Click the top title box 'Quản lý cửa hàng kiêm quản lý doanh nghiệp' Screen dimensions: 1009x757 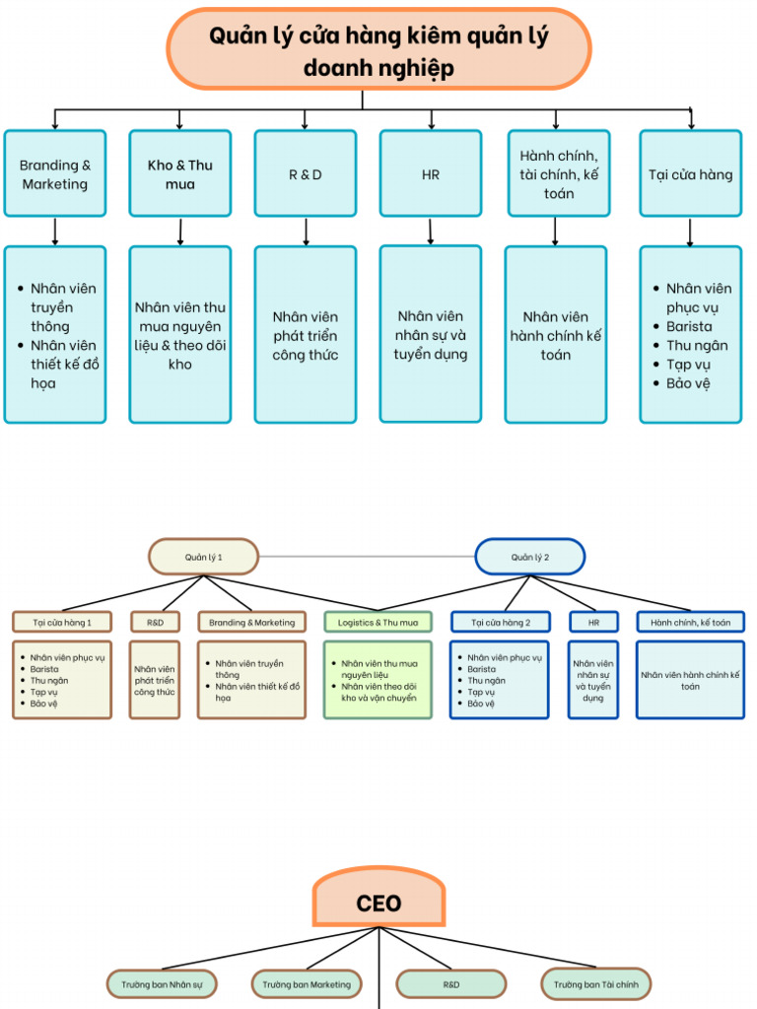point(378,50)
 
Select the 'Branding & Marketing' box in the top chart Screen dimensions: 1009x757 point(55,173)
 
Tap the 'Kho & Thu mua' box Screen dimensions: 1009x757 point(179,173)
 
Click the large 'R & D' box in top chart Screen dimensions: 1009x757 point(305,173)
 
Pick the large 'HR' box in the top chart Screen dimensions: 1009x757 point(430,173)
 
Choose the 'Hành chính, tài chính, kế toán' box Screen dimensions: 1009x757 point(558,173)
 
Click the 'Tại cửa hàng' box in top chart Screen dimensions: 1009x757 point(690,173)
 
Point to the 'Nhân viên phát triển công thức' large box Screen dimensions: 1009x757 point(305,335)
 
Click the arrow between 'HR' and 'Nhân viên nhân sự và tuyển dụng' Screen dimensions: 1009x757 point(430,231)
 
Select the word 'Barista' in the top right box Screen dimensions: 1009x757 point(689,326)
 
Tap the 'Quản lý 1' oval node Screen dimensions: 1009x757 point(203,557)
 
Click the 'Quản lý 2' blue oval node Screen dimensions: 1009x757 point(529,557)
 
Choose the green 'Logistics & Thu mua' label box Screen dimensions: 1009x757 point(378,622)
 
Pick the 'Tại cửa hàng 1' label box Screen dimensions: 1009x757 point(62,622)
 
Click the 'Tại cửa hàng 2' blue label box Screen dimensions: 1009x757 point(500,622)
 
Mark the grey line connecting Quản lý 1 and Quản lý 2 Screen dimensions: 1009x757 point(367,557)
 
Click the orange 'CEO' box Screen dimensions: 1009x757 point(378,902)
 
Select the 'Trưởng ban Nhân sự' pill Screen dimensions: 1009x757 point(162,983)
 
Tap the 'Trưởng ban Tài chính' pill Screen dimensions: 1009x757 point(595,983)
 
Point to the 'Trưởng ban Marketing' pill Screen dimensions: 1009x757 point(306,983)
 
